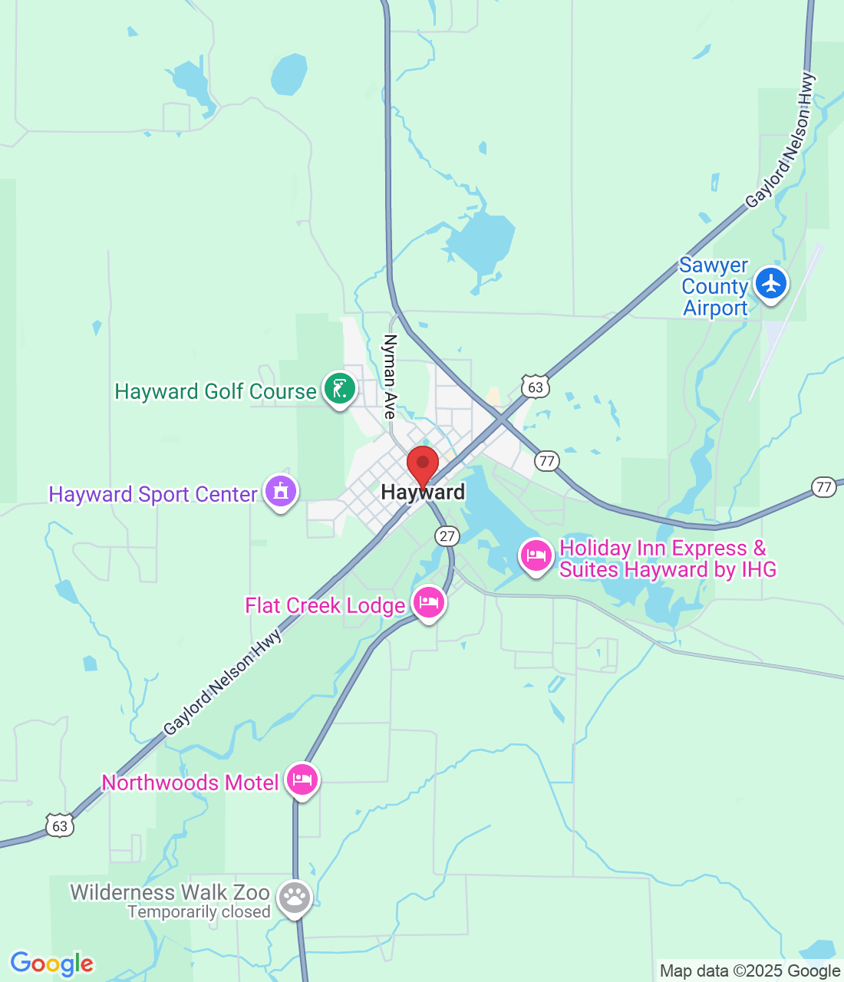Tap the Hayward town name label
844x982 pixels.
(x=423, y=493)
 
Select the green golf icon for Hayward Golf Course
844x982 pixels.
(x=339, y=389)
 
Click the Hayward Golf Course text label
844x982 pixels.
(x=215, y=391)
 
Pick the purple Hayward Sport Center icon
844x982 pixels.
(x=281, y=492)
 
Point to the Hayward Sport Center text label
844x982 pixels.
(x=153, y=494)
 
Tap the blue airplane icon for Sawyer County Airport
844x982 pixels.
(x=771, y=284)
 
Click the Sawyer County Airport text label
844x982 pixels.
(x=714, y=287)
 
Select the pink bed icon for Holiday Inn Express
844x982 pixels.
(x=536, y=555)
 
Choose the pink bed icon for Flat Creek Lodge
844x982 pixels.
(x=429, y=603)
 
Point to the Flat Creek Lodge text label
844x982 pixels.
(x=325, y=606)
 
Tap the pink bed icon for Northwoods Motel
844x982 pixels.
(x=302, y=780)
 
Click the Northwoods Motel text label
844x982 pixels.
(x=190, y=783)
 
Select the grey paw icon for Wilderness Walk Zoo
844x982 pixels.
(x=295, y=897)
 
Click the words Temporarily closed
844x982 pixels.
(x=199, y=911)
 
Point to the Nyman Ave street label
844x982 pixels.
(x=391, y=376)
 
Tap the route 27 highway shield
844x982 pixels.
(x=447, y=536)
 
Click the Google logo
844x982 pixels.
(x=52, y=964)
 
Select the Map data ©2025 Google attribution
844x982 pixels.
(x=750, y=971)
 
